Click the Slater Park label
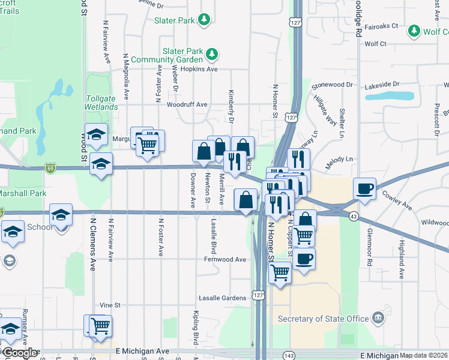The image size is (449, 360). (174, 20)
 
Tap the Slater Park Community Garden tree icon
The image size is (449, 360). (211, 55)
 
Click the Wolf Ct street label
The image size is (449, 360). (375, 44)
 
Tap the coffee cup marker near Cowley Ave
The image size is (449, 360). (364, 188)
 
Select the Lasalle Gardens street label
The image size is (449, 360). (222, 298)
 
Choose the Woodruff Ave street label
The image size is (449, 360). (187, 105)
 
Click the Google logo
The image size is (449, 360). (19, 353)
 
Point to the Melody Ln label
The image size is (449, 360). (339, 160)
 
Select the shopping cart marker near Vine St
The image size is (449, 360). (100, 325)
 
